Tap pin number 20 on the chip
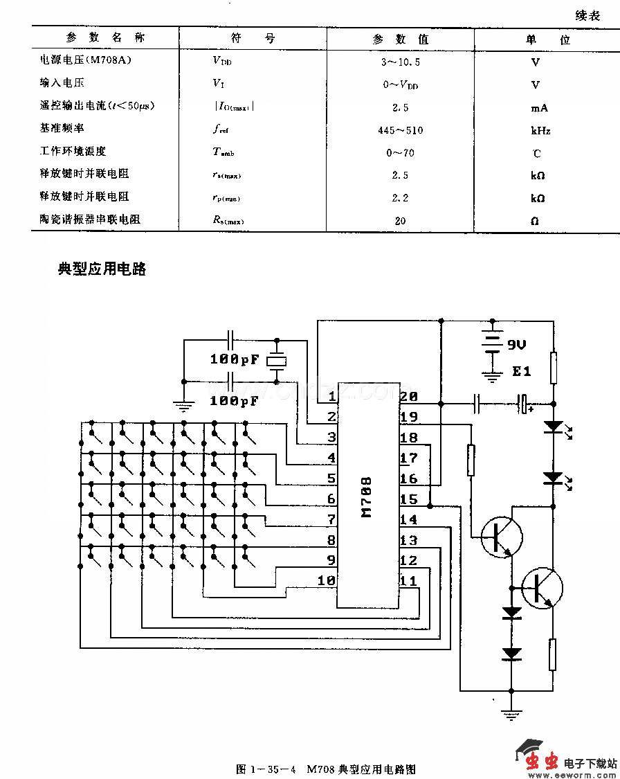[409, 397]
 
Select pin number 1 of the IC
[332, 397]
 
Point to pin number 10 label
[327, 580]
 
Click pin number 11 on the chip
[409, 580]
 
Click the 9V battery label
[517, 345]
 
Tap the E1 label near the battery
[521, 372]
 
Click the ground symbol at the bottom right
[511, 716]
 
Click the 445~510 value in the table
[401, 130]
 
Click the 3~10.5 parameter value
[401, 62]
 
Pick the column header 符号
[253, 39]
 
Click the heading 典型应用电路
[102, 269]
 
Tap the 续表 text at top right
[587, 15]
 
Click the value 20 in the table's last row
[400, 221]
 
